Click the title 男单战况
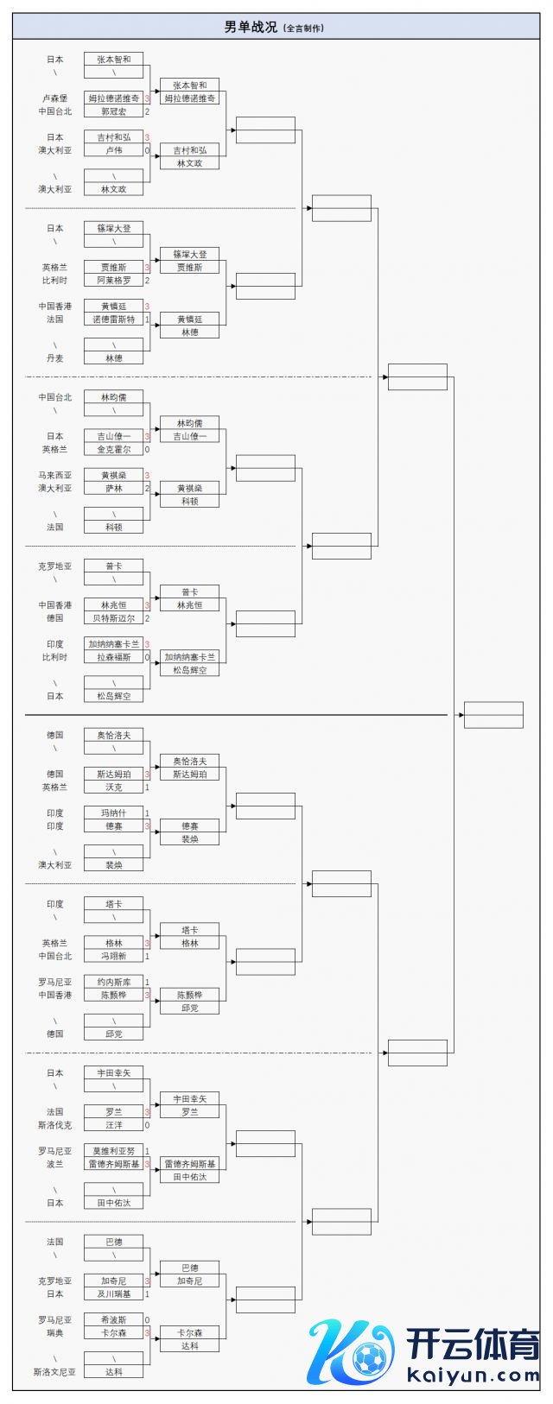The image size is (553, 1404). pos(251,28)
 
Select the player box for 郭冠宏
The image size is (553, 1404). pos(113,111)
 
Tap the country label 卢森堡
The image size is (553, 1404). pos(54,98)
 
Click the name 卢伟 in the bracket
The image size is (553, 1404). pos(113,150)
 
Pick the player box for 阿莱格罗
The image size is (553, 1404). pos(113,281)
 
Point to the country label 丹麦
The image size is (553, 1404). pos(54,358)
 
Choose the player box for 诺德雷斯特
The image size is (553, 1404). pos(113,319)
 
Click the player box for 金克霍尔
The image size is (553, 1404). pos(113,449)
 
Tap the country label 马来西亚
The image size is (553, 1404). pos(54,475)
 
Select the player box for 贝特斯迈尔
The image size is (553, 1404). pos(113,618)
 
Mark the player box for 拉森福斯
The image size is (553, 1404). pos(113,657)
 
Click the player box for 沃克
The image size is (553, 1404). pos(113,787)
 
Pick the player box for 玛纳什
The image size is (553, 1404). pos(113,813)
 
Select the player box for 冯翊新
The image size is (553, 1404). pos(113,956)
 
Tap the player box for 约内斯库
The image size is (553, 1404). pos(113,982)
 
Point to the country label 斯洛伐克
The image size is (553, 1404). pos(54,1125)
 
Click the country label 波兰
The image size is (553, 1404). pos(54,1164)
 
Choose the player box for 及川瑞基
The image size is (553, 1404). pos(113,1294)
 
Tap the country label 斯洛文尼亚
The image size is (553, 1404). pos(54,1372)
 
